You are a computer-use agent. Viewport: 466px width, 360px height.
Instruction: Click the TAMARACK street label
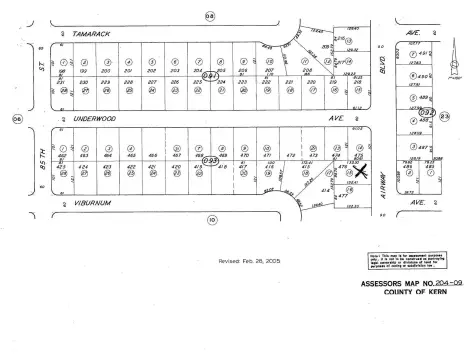(x=103, y=30)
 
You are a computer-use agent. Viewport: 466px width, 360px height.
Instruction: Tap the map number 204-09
(x=444, y=283)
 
